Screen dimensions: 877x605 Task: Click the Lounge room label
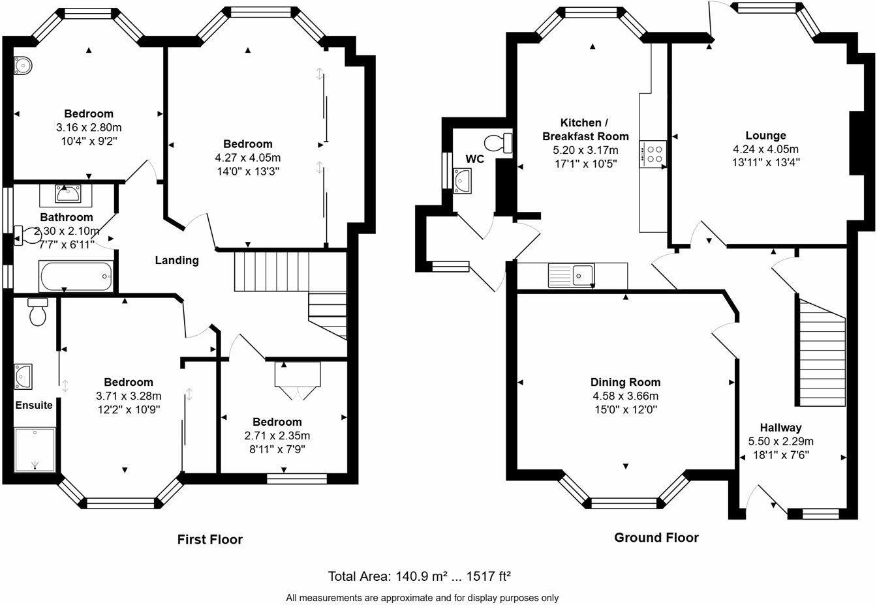765,136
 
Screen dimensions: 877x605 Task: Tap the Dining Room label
625,382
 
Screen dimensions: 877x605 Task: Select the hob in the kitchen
653,154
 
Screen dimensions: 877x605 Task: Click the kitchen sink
571,275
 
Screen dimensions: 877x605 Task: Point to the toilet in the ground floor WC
498,143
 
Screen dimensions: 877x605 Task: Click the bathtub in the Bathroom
76,276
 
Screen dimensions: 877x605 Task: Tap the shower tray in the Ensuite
35,449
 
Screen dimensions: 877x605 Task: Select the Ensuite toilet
38,312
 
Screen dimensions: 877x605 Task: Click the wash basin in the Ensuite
23,377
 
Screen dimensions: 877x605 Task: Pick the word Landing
177,261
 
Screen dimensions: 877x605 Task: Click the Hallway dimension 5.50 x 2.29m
780,441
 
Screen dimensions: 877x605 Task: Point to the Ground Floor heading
656,537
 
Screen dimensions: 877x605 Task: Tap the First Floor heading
210,539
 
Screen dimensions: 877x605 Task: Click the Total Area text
420,576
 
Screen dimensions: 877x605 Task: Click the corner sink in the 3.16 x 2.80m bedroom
22,65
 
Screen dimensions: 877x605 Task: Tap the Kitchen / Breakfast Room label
585,130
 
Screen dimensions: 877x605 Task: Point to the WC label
474,159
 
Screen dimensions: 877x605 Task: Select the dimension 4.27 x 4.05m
248,158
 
